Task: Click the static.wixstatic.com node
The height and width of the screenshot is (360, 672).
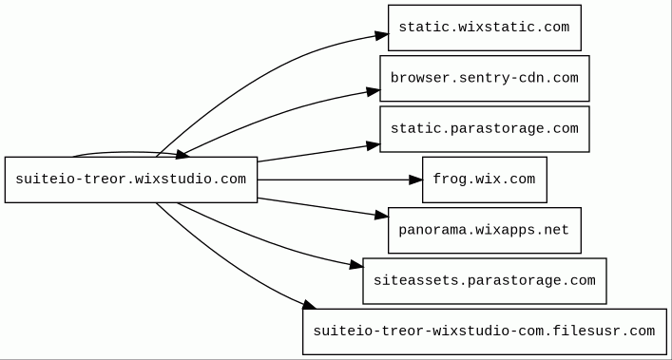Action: point(485,28)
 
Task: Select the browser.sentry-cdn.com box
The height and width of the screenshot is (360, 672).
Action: point(485,78)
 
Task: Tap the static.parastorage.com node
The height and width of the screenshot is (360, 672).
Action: point(485,129)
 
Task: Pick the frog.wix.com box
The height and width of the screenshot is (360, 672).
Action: point(485,180)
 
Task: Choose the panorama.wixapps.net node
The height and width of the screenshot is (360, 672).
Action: point(485,230)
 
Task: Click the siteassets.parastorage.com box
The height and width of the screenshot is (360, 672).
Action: point(485,281)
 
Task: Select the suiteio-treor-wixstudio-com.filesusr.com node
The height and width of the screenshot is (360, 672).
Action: point(485,332)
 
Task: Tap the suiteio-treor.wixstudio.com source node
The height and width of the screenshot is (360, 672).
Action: point(131,180)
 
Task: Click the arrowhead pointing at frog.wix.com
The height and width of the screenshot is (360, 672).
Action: point(415,180)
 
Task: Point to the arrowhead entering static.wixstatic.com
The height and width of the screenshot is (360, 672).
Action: point(382,35)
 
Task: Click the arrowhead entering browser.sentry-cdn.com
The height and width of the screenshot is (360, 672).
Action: point(374,91)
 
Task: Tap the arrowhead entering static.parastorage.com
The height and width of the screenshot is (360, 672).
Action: point(374,146)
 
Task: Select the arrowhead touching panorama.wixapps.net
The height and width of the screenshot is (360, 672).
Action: point(381,215)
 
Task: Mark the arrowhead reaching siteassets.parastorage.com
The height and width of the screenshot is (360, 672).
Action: point(356,265)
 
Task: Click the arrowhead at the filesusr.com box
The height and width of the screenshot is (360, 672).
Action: point(310,305)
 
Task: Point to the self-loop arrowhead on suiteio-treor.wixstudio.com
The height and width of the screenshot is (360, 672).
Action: point(183,154)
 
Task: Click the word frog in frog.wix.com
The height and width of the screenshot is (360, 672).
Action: point(445,179)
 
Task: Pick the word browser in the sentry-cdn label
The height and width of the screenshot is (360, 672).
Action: point(415,78)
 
